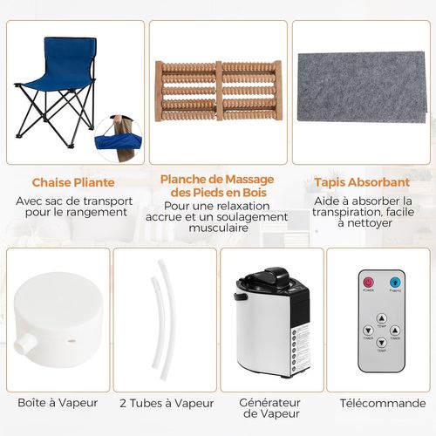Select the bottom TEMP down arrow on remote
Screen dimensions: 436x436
pyautogui.click(x=381, y=344)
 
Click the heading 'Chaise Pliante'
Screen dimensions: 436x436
pyautogui.click(x=72, y=184)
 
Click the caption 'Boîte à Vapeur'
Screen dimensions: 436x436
pyautogui.click(x=58, y=403)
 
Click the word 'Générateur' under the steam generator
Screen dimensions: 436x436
pyautogui.click(x=272, y=402)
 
